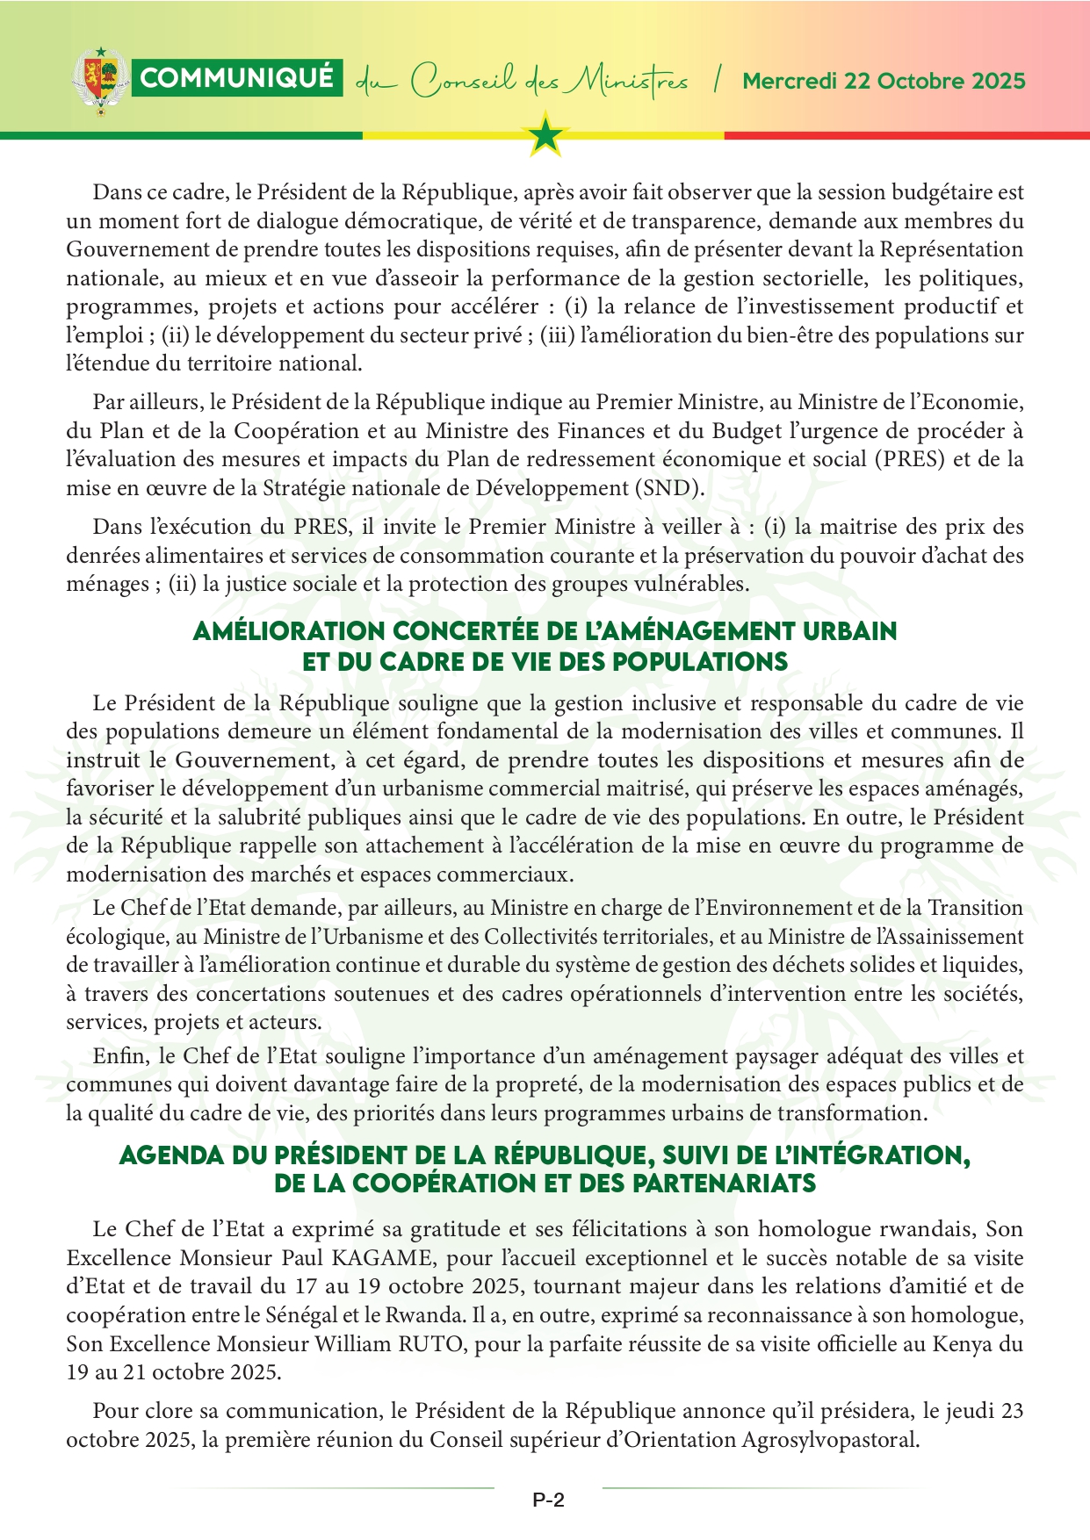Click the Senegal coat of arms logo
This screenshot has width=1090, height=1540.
(x=98, y=81)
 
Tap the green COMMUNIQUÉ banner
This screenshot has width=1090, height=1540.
(x=237, y=78)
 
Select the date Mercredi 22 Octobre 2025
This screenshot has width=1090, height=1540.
(x=884, y=81)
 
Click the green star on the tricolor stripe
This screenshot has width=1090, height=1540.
(x=546, y=135)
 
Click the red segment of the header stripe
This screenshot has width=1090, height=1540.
(x=905, y=135)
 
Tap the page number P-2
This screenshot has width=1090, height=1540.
(x=548, y=1500)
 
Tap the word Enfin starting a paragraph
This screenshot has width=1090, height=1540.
(x=116, y=1056)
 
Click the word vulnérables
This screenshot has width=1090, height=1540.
(x=693, y=584)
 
